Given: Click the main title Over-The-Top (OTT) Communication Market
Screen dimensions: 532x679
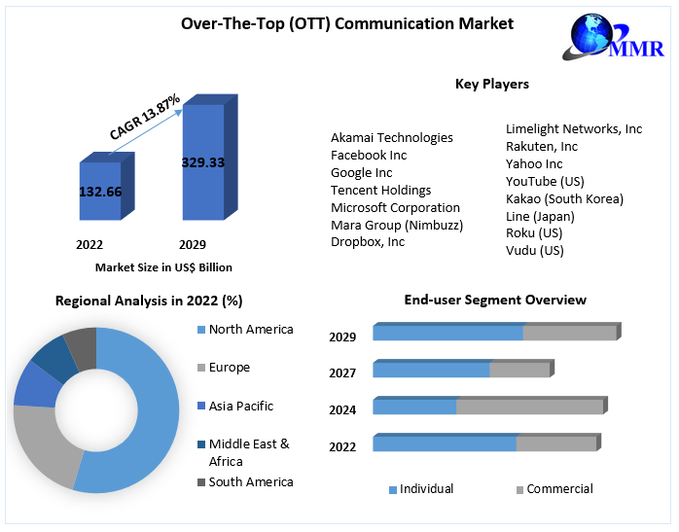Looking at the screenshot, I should click(347, 23).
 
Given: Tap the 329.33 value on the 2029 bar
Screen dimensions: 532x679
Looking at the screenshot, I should click(203, 162).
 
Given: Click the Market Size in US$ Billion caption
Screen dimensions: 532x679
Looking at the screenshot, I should click(163, 266).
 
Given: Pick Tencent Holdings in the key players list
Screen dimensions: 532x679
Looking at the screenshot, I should click(380, 190).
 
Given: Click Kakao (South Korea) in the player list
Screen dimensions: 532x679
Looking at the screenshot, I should click(564, 198).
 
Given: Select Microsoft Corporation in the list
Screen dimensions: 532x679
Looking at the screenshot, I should click(395, 207).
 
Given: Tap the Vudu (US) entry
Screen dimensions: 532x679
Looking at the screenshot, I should click(534, 250).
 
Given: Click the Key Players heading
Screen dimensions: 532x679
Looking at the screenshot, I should click(491, 84).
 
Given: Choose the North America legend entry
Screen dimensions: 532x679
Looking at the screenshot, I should click(250, 330).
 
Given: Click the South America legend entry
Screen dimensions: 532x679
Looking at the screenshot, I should click(250, 481).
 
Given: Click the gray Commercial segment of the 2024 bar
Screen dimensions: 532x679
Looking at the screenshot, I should click(530, 407).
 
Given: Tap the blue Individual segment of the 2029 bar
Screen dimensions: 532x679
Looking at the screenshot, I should click(447, 334).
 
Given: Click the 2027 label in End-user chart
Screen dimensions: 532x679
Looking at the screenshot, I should click(342, 372).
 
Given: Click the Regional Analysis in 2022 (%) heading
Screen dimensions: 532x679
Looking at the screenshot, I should click(149, 301).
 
